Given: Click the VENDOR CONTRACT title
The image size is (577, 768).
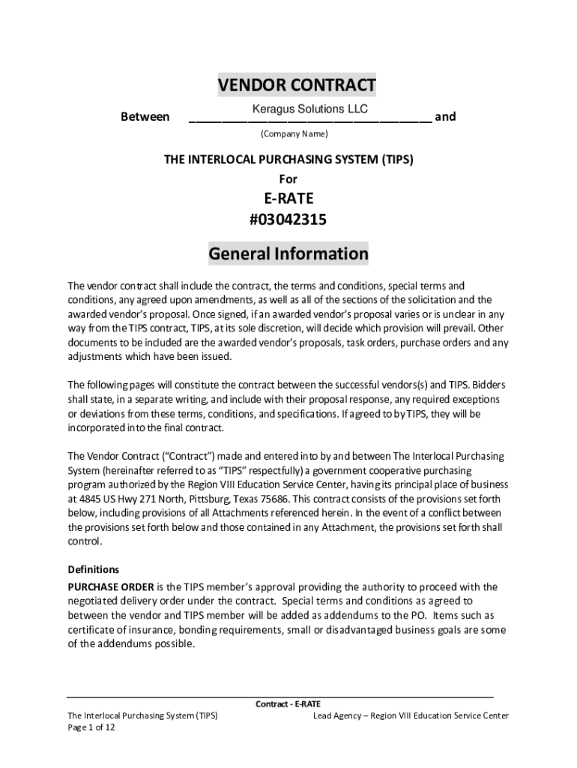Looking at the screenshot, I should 297,85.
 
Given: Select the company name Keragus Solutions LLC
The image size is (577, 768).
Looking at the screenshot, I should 309,109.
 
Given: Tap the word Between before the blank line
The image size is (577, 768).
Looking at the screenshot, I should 145,117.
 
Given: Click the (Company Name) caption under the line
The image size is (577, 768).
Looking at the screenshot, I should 294,134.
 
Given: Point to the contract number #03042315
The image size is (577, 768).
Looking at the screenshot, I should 288,220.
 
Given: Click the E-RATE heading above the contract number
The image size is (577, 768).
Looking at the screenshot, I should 288,199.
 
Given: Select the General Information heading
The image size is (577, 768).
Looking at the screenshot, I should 288,253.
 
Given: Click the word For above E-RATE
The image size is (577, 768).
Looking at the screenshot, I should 288,179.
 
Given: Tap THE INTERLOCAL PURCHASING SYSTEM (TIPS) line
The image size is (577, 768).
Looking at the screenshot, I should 288,160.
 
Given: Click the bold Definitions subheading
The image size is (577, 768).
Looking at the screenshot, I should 94,569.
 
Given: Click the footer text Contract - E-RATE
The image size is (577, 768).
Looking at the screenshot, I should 288,704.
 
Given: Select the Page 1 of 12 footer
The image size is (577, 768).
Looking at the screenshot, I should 91,727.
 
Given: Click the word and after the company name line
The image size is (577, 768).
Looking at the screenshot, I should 445,117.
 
